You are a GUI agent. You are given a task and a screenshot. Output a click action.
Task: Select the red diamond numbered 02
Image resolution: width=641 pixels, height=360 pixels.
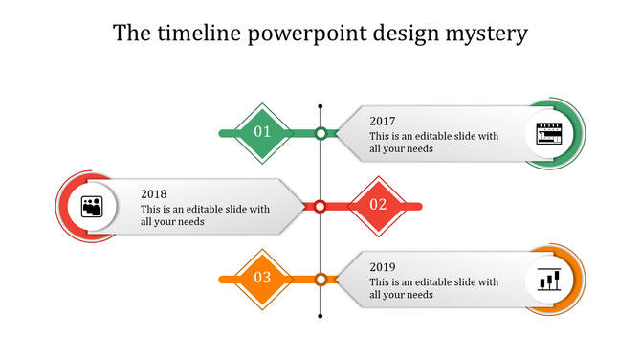tap(378, 204)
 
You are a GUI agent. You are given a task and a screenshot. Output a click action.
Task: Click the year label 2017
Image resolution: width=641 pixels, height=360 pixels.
tap(383, 121)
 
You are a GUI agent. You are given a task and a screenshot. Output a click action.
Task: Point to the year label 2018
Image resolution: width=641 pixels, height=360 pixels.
tap(153, 193)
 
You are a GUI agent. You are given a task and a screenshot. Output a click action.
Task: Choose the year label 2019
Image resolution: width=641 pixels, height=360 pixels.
tap(383, 266)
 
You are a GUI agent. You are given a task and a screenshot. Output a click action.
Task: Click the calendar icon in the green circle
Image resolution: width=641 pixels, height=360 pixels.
tap(549, 134)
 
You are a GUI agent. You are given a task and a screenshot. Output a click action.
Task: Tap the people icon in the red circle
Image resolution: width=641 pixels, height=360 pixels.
tap(92, 206)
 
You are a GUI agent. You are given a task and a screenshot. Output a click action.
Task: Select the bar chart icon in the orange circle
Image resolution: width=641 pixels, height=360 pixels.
tap(549, 280)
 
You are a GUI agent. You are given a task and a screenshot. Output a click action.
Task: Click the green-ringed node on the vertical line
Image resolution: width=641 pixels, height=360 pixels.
tap(321, 133)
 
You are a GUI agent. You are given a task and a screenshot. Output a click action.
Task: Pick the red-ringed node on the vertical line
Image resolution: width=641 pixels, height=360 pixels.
tap(321, 205)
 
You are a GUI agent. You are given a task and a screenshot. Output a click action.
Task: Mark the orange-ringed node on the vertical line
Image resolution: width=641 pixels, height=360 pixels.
tap(321, 279)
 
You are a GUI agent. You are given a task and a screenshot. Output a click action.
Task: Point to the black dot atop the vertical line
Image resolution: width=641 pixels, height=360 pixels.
tap(320, 105)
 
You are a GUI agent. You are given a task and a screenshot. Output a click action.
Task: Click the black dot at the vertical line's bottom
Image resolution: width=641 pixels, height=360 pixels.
tap(320, 317)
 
